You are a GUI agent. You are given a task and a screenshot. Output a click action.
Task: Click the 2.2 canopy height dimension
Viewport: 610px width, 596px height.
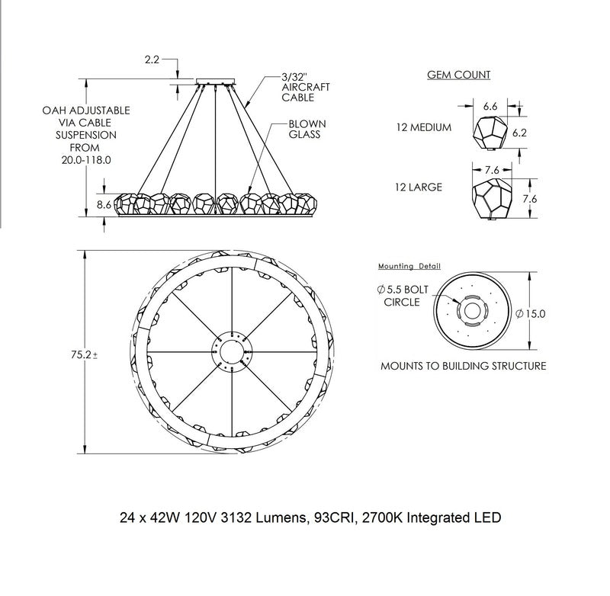tap(152, 59)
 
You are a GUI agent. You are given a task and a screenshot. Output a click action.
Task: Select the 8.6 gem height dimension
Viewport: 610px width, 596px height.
tap(104, 204)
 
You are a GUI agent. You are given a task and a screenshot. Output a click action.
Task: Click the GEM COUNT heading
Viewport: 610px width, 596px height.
tap(459, 75)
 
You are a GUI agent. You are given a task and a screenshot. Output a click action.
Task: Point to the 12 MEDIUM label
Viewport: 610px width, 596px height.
tap(424, 127)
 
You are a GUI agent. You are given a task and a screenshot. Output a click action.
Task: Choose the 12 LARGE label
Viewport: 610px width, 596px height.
tap(419, 187)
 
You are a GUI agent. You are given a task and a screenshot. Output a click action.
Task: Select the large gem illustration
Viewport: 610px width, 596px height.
tap(492, 199)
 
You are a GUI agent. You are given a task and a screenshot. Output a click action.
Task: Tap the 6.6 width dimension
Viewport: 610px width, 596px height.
tap(490, 106)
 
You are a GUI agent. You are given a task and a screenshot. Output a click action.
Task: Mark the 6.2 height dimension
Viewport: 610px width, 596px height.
tap(519, 133)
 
